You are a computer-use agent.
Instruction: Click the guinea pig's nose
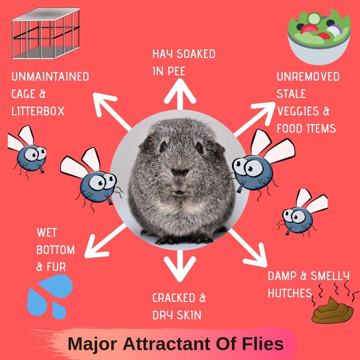tap(180, 172)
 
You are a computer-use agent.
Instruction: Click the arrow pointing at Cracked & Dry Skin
tap(180, 263)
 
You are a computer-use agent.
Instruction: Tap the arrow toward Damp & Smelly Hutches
tap(250, 247)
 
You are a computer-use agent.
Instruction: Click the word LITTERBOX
tap(38, 111)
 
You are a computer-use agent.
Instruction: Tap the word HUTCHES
tap(290, 293)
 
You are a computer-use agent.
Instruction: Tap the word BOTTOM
tap(55, 250)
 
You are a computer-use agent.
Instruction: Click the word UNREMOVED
tap(308, 77)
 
